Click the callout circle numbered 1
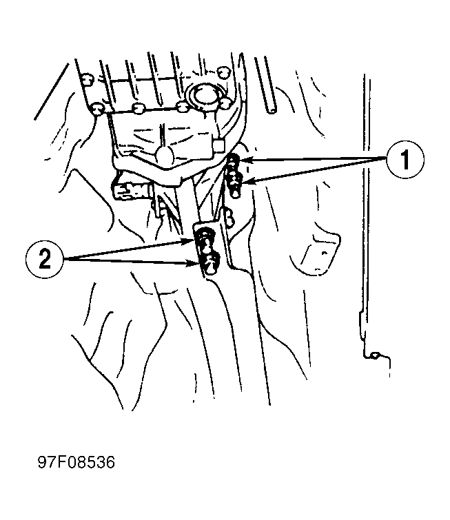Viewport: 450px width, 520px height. [405, 160]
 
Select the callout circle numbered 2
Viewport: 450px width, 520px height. [45, 259]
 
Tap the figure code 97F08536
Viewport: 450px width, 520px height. [76, 462]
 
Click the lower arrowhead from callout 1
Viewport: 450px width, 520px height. [247, 181]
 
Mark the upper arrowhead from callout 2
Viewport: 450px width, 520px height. [189, 241]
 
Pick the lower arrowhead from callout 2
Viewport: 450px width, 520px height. [193, 264]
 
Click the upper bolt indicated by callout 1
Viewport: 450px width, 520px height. [234, 163]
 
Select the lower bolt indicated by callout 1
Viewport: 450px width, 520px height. [235, 185]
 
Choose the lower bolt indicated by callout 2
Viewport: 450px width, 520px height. [209, 264]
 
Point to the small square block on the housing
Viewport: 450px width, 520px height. [219, 146]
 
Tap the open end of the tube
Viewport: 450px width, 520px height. [272, 110]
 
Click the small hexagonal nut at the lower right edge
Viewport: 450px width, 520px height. [374, 355]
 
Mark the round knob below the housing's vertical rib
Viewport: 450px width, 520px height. [165, 154]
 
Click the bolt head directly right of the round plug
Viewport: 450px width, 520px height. [225, 103]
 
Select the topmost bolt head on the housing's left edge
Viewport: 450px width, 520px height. [88, 80]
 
